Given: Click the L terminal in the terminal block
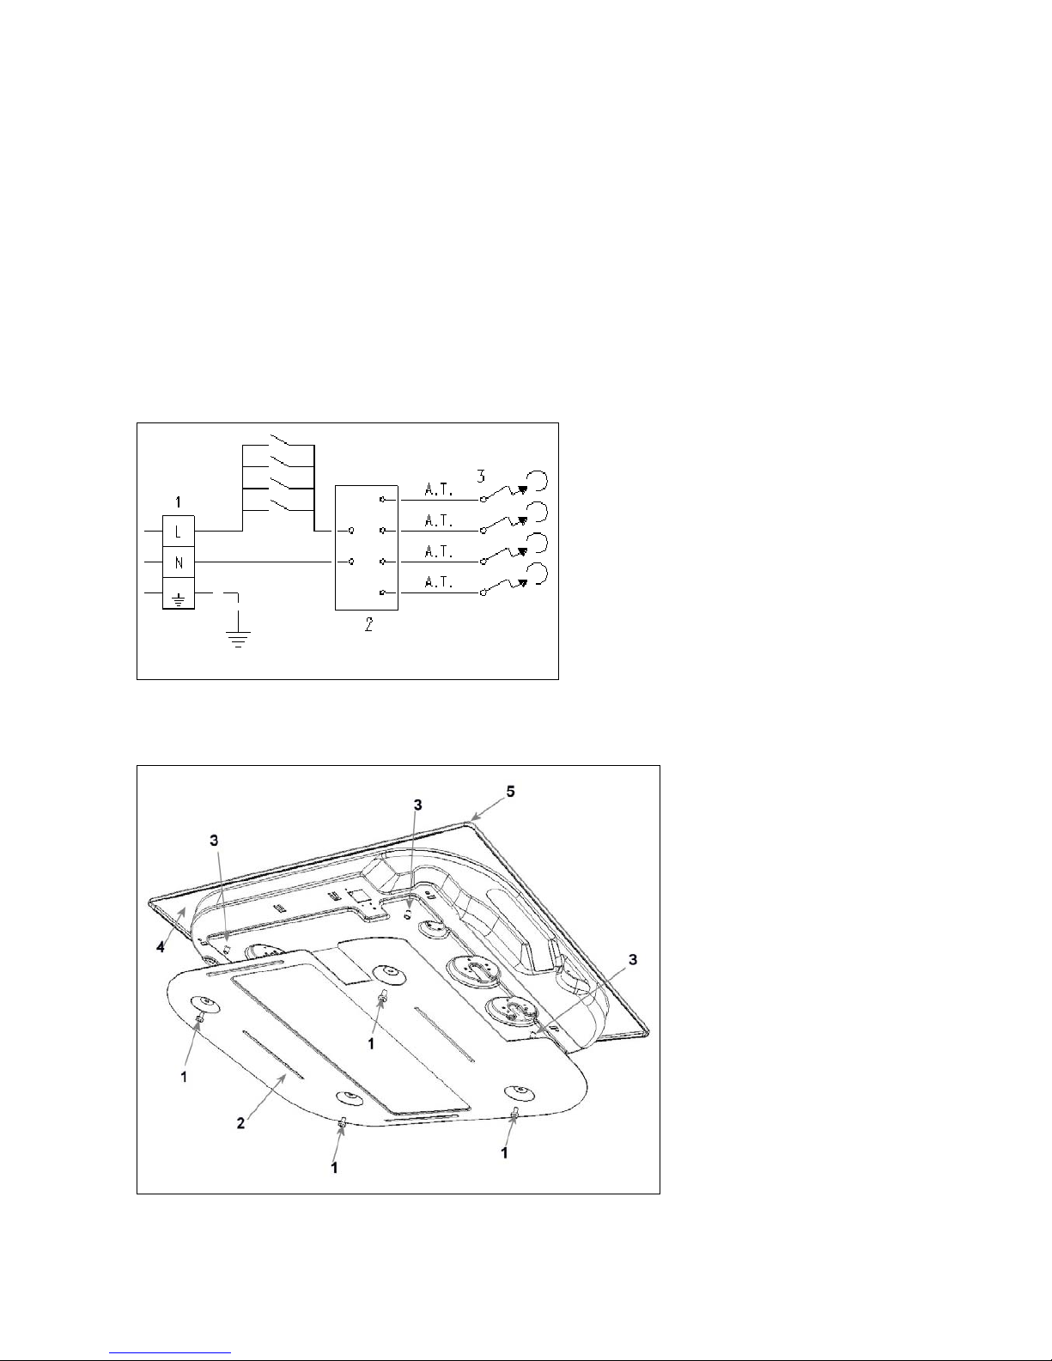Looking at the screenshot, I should point(179,532).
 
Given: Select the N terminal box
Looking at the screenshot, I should point(179,563).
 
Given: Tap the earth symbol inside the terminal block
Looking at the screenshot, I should point(179,594).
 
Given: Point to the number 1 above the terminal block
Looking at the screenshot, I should point(178,501).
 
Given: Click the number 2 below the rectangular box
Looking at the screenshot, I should point(368,626).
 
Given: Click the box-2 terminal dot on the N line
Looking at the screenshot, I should point(351,562).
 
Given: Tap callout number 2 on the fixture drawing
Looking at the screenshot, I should point(241,1123).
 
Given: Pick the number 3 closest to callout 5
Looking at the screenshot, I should point(418,805).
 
